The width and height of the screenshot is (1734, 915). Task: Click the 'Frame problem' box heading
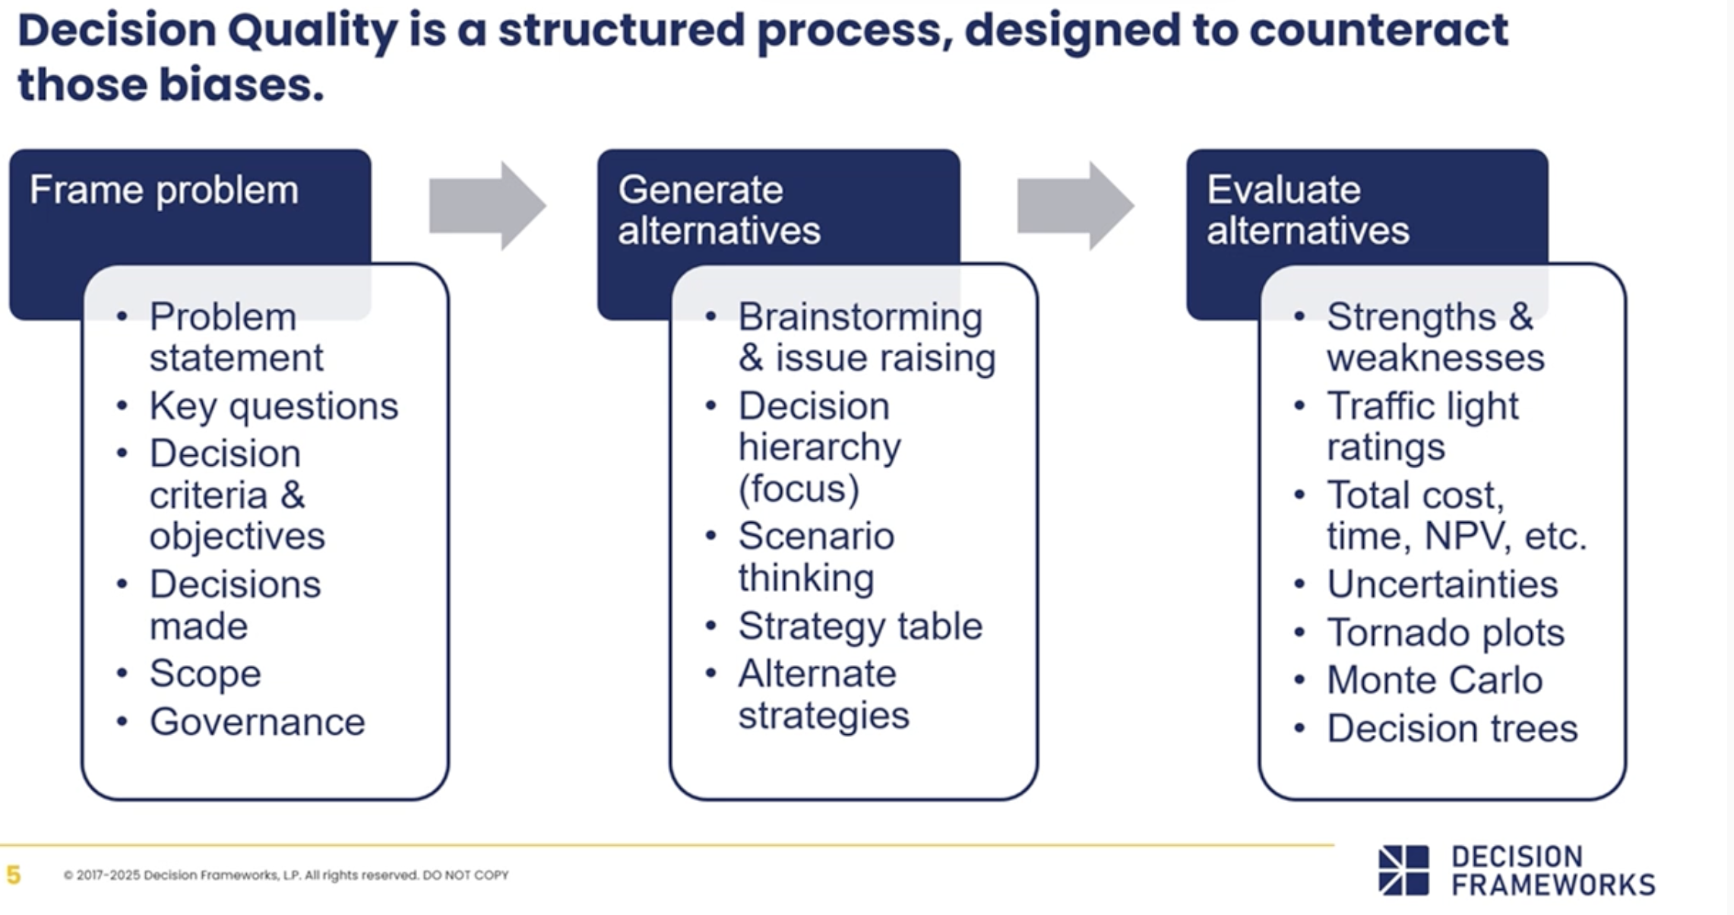163,190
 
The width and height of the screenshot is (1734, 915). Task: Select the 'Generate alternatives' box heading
718,210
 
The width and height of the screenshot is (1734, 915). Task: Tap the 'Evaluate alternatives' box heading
1307,210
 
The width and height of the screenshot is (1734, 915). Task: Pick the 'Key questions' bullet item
273,406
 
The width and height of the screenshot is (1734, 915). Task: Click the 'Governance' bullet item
257,721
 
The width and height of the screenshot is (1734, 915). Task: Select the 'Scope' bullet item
204,673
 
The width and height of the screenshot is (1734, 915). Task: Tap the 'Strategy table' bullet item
859,626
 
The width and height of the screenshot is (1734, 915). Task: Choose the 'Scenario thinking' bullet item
815,556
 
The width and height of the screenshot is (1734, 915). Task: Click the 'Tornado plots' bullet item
1444,632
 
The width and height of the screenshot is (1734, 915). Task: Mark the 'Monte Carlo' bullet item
1434,679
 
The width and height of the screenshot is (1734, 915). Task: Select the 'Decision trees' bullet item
1451,728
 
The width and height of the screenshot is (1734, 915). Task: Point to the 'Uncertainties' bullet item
1441,584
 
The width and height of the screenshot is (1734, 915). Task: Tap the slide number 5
13,875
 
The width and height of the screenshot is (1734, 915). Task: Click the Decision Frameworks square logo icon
1403,870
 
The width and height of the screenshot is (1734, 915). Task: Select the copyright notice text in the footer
286,875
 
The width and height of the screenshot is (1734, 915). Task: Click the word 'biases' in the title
241,84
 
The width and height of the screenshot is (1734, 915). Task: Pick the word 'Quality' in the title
312,30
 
